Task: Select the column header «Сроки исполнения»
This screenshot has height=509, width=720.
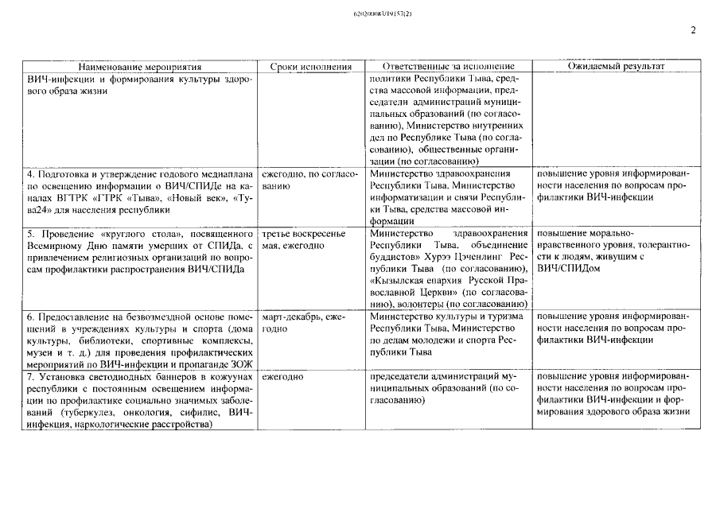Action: coord(311,67)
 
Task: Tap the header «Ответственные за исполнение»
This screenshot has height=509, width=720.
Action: coord(450,67)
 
